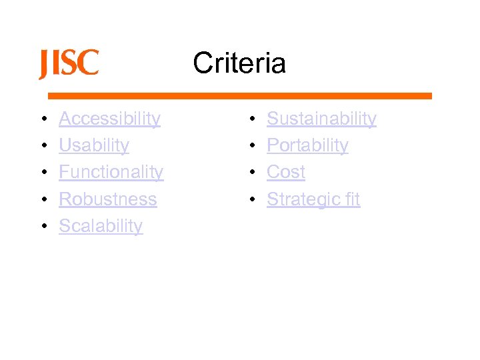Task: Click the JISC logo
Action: [69, 64]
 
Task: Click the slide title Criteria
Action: [239, 63]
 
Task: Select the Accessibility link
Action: [109, 119]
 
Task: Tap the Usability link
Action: [94, 145]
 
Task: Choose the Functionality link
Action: [111, 172]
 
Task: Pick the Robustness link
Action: [107, 199]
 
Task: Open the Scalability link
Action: [101, 226]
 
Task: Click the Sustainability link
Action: [321, 119]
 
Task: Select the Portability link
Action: [307, 145]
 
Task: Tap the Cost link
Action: [286, 172]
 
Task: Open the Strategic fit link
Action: [313, 199]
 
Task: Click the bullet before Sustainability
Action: [251, 119]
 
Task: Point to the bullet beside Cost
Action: [251, 173]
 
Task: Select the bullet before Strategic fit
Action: [251, 199]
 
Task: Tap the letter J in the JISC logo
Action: [45, 65]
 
